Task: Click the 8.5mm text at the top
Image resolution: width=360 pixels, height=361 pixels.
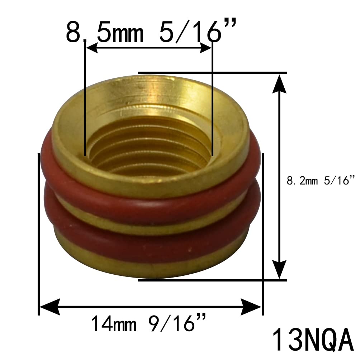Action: click(x=105, y=32)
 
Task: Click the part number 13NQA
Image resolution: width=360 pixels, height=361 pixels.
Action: click(x=313, y=340)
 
